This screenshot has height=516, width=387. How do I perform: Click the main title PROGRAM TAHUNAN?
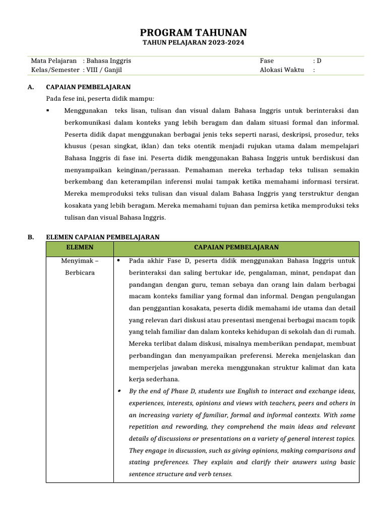point(193,33)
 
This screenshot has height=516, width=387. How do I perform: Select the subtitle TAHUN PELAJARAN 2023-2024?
point(193,43)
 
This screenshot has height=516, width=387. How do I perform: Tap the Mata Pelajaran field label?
point(54,60)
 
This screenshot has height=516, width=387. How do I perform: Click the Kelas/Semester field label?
point(55,70)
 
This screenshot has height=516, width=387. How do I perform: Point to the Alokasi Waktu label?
point(282,70)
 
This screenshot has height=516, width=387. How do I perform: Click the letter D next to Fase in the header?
point(319,60)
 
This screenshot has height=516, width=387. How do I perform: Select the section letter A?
point(31,87)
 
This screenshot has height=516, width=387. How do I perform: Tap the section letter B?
point(31,236)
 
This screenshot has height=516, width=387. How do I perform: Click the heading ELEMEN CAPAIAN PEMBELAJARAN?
point(103,236)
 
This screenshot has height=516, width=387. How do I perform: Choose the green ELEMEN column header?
point(80,247)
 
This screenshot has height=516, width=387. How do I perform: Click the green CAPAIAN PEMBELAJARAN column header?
point(236,247)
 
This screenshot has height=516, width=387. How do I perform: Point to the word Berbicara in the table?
point(80,273)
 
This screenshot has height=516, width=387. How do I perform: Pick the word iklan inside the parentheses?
point(150,146)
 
